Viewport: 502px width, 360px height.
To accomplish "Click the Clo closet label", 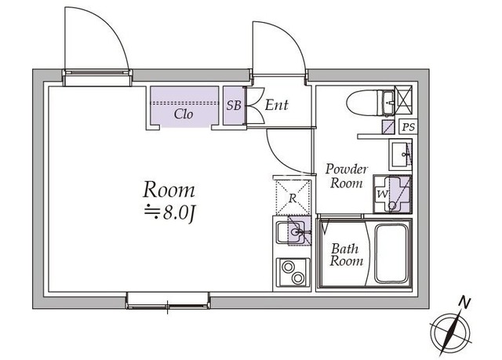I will [x=184, y=114].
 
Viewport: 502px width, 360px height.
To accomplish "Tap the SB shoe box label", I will [x=233, y=105].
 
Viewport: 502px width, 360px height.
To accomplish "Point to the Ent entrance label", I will [x=276, y=105].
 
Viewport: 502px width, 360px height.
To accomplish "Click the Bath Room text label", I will [x=345, y=255].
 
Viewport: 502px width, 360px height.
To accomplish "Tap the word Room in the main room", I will [x=168, y=190].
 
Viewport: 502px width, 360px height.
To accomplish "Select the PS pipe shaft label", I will [x=408, y=127].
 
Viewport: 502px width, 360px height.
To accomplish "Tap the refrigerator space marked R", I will [x=292, y=198].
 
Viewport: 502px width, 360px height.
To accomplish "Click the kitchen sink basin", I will [x=295, y=232].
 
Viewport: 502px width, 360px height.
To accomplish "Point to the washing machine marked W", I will [x=392, y=193].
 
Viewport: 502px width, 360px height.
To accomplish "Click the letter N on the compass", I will [x=464, y=301].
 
